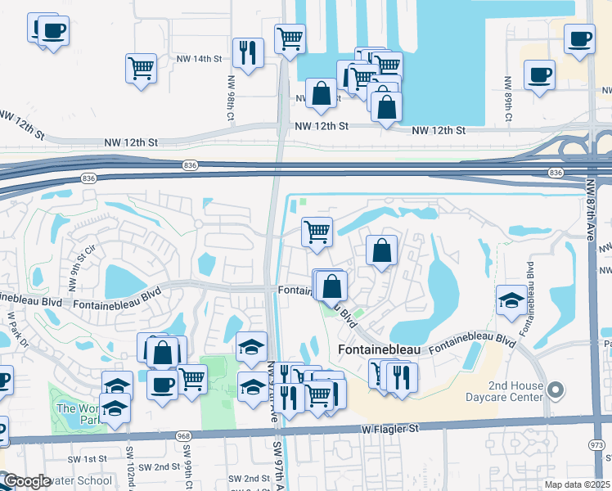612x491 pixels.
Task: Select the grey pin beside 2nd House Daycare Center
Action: point(556,389)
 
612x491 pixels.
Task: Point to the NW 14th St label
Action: point(200,59)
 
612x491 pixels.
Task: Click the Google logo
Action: point(26,482)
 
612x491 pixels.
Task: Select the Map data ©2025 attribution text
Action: point(576,484)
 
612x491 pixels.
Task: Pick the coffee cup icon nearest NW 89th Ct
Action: point(539,75)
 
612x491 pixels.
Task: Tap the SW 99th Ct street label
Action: point(187,462)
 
